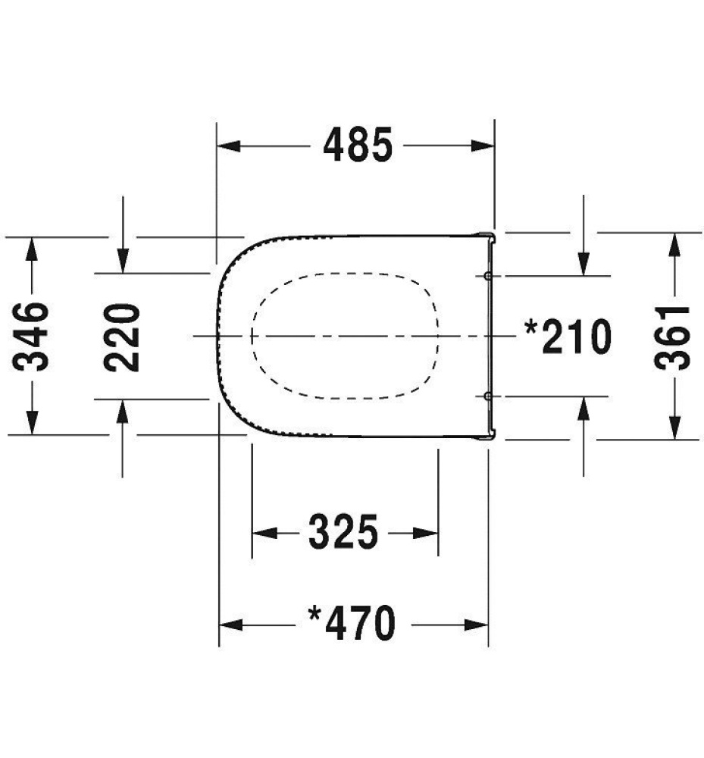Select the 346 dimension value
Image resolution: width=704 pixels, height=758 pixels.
click(33, 335)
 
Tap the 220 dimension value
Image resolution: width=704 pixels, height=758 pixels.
click(123, 336)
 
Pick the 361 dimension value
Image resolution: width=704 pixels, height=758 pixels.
click(673, 336)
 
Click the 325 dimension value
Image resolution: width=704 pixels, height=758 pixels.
click(343, 532)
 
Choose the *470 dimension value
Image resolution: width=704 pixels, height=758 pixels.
click(352, 624)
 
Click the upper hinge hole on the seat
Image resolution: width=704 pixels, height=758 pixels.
click(488, 275)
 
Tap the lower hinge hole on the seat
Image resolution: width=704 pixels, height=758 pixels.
click(488, 396)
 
